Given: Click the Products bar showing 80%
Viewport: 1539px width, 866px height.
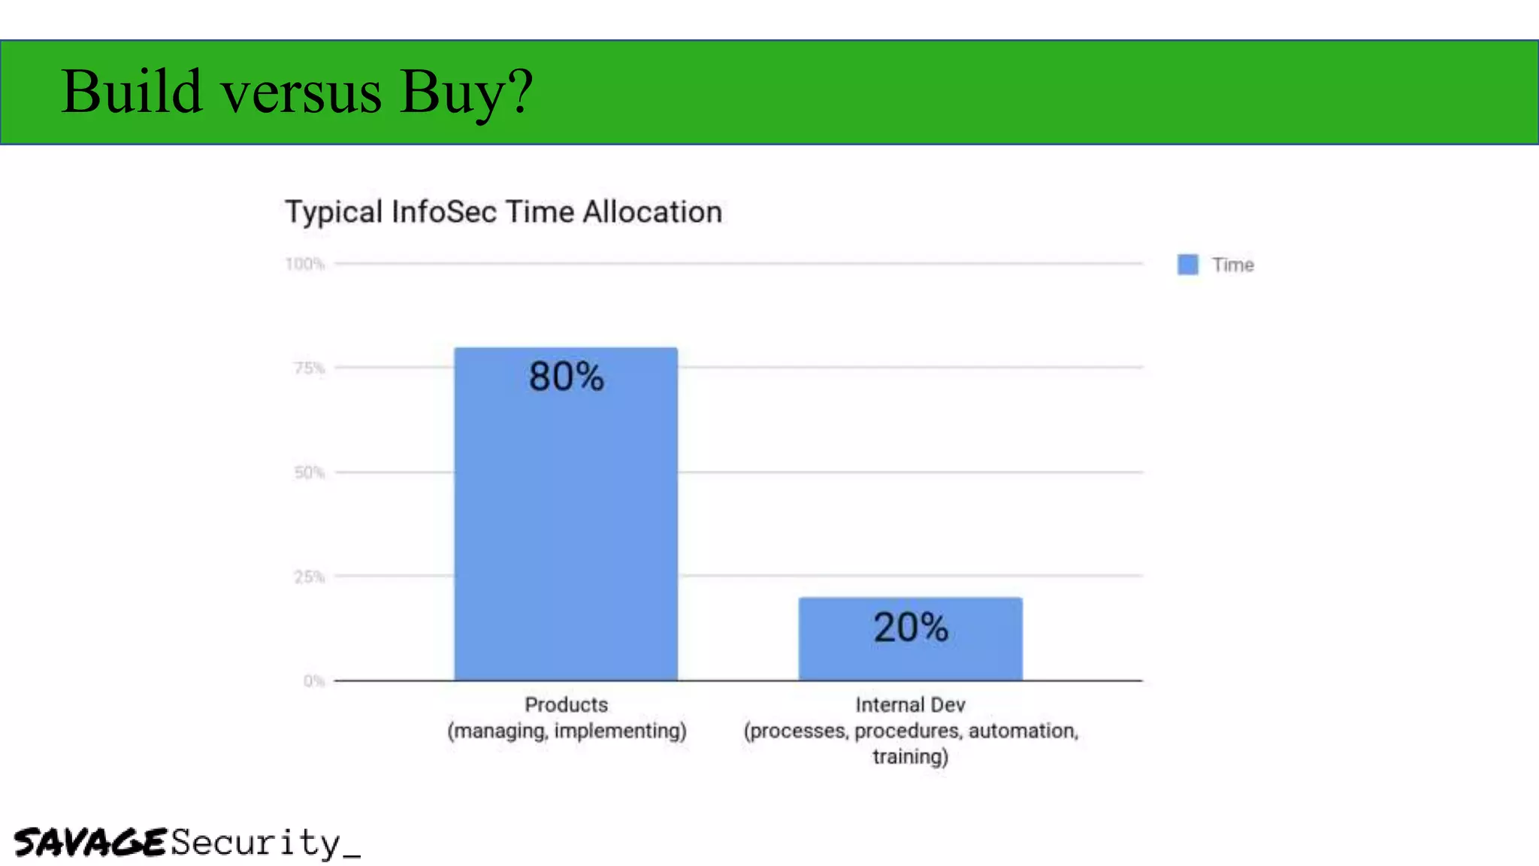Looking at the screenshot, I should click(565, 526).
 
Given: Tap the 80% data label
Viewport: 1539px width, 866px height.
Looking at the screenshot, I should click(566, 377).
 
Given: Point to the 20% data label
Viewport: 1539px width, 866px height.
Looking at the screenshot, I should click(911, 627).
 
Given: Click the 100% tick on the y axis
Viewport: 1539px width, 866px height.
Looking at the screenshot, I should click(304, 264).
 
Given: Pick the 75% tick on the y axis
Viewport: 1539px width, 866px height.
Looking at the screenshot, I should click(309, 368).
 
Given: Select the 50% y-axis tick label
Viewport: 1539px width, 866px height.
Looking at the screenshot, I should click(309, 473).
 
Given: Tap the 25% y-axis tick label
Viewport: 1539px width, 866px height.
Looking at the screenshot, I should click(309, 577).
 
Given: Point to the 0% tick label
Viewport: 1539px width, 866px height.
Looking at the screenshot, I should click(313, 681).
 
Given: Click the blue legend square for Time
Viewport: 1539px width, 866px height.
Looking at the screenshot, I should click(1187, 265).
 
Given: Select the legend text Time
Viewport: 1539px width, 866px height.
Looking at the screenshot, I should click(1232, 265).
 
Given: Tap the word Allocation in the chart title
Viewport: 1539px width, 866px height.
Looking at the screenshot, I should click(652, 212).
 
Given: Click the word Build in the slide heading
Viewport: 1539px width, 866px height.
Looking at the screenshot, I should click(132, 92).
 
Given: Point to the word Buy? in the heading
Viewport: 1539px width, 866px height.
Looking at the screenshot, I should click(466, 92).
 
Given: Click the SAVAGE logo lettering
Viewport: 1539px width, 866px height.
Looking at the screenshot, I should click(89, 842).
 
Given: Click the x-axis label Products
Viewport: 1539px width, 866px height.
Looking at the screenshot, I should click(566, 704).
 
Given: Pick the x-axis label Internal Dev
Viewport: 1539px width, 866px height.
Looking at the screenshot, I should click(910, 704).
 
